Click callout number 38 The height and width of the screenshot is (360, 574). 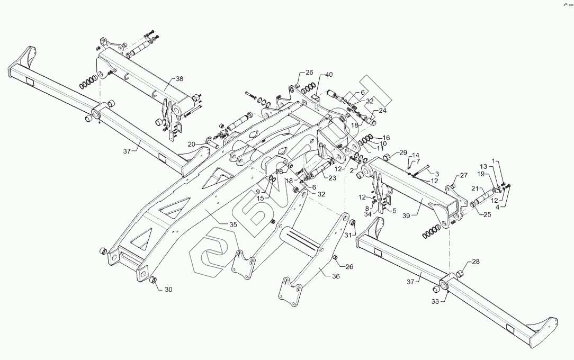(180, 79)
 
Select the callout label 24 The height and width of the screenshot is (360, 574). (382, 111)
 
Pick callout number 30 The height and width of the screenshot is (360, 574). (168, 289)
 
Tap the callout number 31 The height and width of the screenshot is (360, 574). (348, 235)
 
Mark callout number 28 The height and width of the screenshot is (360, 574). (476, 262)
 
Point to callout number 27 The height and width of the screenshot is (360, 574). (463, 176)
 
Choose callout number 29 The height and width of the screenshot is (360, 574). (403, 153)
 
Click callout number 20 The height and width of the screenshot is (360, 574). (191, 143)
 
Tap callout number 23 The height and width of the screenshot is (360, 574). (332, 178)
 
